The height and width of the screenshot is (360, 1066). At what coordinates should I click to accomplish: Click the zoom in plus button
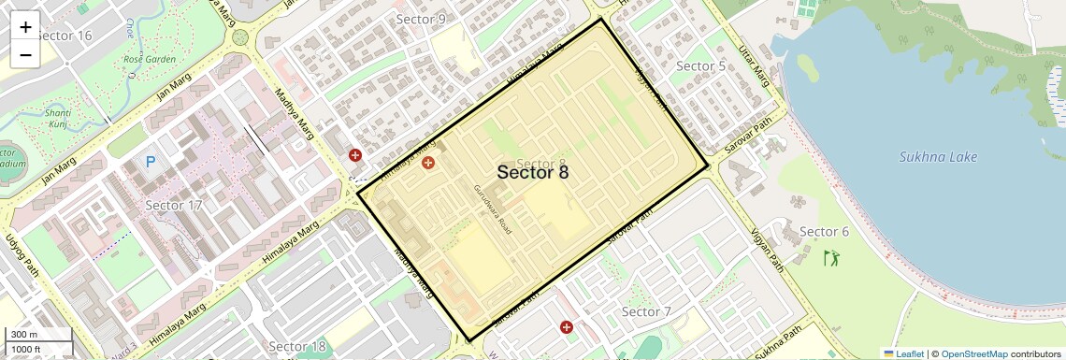[x=25, y=27]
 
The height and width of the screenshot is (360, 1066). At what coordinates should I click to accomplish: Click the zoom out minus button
[x=25, y=54]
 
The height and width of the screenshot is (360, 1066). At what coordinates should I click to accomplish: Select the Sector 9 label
[x=421, y=19]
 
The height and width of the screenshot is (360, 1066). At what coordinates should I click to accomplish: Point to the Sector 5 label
[x=700, y=66]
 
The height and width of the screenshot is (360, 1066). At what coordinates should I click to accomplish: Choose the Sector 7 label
[x=646, y=311]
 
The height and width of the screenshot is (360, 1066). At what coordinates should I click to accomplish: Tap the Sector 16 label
[x=65, y=36]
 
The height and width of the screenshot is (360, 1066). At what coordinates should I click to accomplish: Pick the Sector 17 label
[x=174, y=205]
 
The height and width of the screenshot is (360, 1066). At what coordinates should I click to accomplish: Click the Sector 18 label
[x=296, y=347]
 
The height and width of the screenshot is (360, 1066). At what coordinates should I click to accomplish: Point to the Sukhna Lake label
[x=938, y=157]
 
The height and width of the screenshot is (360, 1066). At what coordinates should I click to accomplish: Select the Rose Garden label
[x=150, y=59]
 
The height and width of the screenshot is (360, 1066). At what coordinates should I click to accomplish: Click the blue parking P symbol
[x=151, y=163]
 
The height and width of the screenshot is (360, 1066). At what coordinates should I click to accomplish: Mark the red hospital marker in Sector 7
[x=566, y=327]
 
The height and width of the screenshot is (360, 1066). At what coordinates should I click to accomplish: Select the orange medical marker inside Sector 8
[x=428, y=164]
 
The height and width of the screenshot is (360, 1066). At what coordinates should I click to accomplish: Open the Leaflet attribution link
[x=902, y=353]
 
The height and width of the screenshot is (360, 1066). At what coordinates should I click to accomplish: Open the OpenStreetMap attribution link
[x=973, y=353]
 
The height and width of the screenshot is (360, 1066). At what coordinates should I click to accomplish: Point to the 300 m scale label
[x=24, y=335]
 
